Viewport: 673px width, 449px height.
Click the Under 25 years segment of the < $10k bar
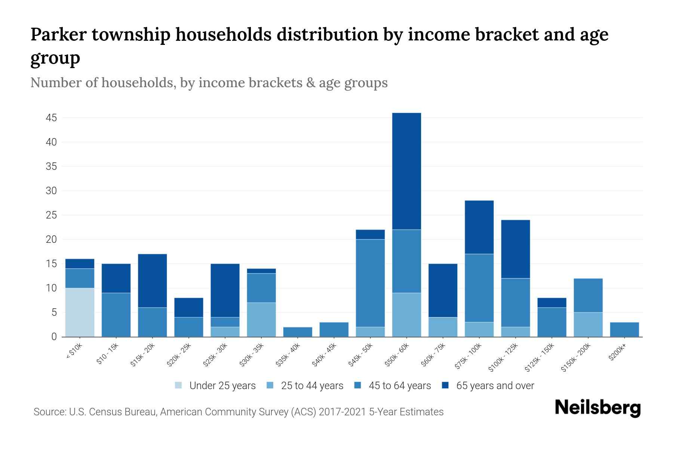[80, 312]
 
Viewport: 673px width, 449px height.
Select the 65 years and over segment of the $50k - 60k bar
[406, 171]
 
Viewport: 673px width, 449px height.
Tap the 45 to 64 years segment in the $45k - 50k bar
[370, 283]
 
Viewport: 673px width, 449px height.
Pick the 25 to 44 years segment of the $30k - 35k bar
[261, 319]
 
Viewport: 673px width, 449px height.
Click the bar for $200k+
[624, 329]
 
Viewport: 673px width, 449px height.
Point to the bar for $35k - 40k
[298, 332]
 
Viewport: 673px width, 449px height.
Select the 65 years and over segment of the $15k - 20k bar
[152, 281]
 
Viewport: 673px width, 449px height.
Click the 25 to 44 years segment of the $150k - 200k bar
[588, 324]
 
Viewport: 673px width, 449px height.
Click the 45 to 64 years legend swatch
[358, 385]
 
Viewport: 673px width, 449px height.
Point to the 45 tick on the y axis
[51, 118]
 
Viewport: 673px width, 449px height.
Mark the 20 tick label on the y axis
[51, 239]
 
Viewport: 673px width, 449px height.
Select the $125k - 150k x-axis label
[540, 358]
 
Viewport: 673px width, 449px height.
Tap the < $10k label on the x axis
[74, 352]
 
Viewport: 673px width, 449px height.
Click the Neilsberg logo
[597, 408]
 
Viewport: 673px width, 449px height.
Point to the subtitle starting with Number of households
[209, 83]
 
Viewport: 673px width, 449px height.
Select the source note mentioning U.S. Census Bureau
[239, 412]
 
